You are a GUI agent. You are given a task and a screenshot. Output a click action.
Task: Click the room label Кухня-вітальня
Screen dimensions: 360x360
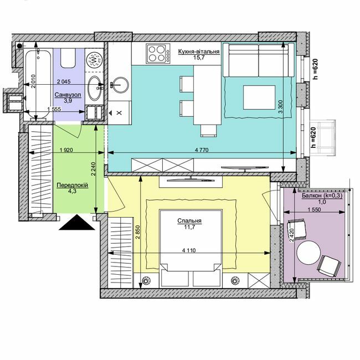pos(199,51)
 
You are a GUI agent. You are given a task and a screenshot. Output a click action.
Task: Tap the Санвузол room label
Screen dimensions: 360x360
pos(68,95)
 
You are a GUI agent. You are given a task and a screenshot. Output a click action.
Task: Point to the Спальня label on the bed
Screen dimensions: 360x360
pos(189,220)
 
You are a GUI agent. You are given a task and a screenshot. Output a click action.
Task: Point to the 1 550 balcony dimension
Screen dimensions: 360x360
pos(315,210)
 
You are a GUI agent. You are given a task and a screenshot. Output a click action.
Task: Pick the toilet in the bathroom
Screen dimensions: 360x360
pos(69,58)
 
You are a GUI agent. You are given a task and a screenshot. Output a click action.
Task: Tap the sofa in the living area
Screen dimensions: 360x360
pos(259,59)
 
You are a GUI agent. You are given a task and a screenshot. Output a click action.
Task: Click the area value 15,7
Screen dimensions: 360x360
pos(198,58)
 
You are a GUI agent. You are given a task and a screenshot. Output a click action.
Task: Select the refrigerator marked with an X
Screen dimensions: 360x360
pos(119,113)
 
